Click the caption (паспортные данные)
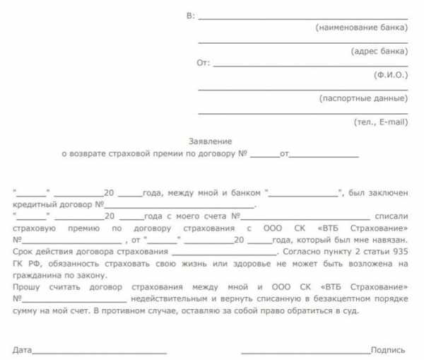tap(363, 98)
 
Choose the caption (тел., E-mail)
tap(381, 122)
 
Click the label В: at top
tap(190, 15)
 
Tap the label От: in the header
tap(203, 63)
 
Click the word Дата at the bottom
tap(22, 349)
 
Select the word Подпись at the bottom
tap(388, 349)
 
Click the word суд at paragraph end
tap(351, 311)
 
